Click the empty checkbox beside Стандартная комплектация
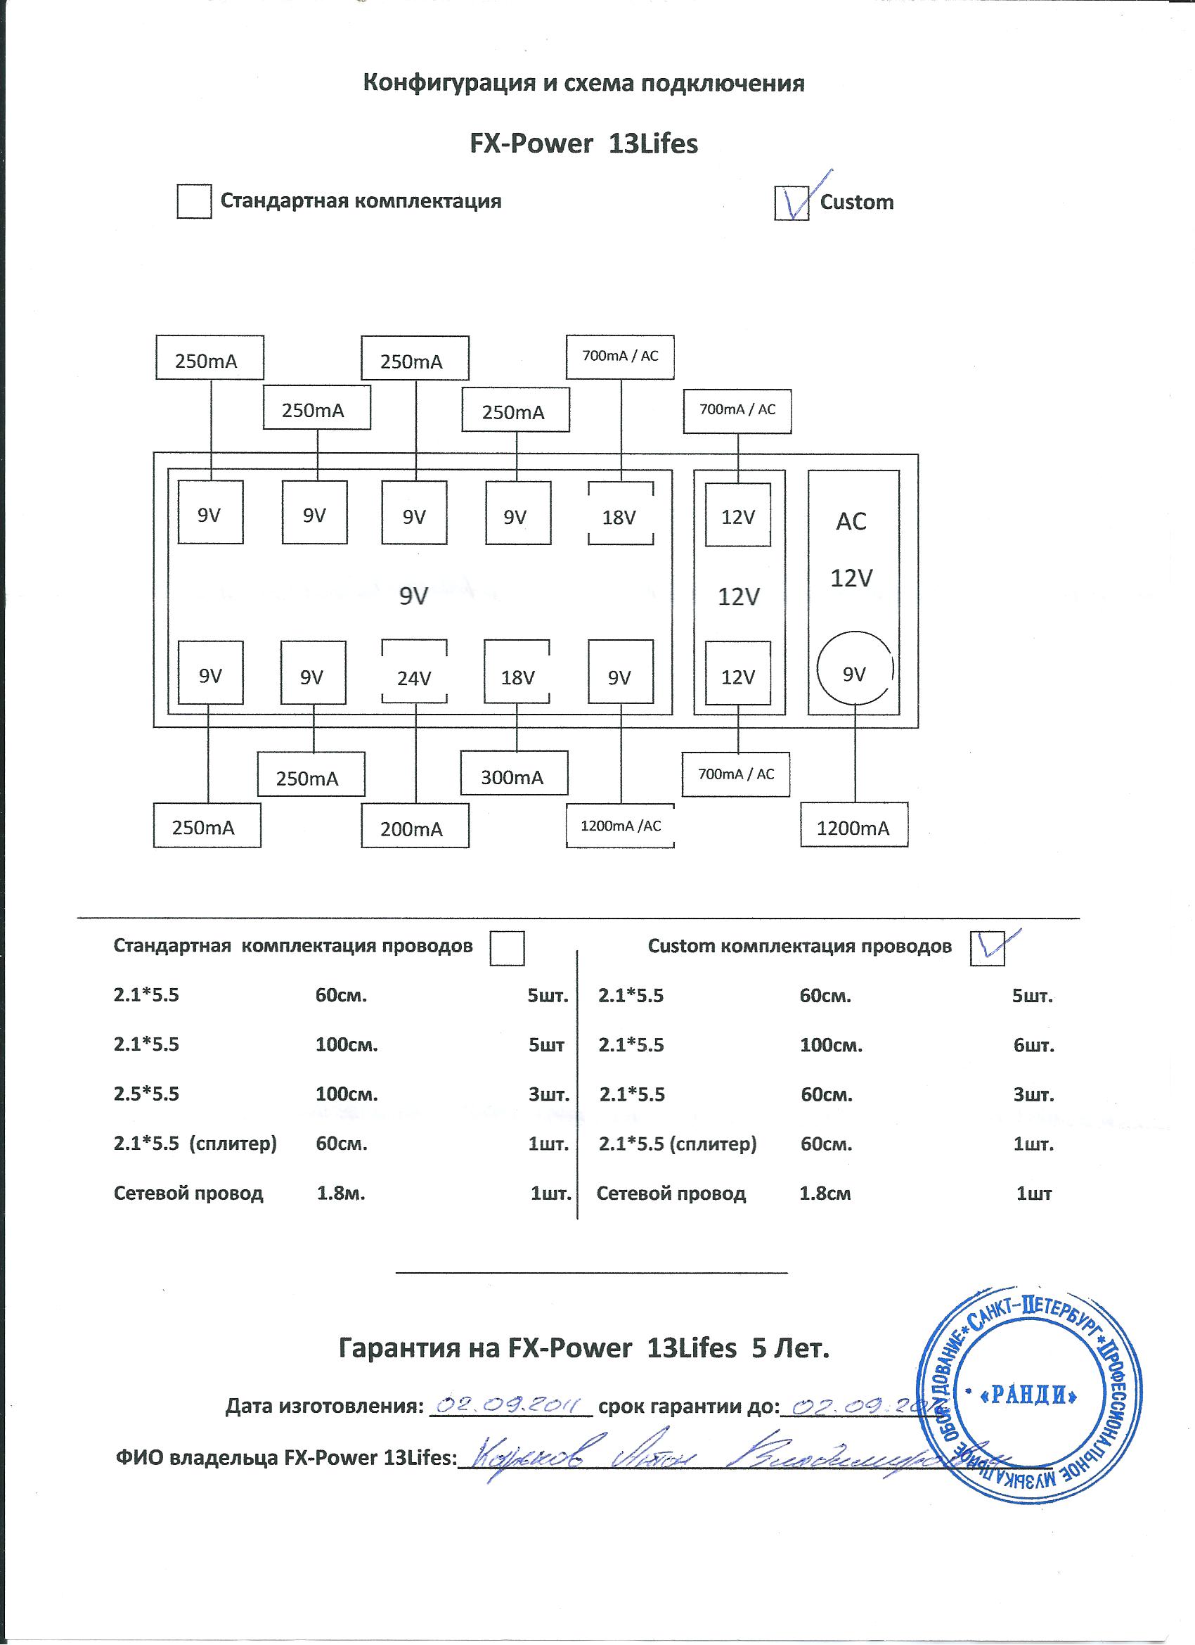pos(193,201)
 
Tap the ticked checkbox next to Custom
pos(792,203)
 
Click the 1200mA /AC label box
pos(620,826)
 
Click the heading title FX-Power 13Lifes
pos(583,143)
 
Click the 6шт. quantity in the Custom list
pos(1033,1046)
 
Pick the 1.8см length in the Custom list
pos(825,1193)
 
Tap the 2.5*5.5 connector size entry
pos(146,1094)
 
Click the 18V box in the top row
pos(619,517)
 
